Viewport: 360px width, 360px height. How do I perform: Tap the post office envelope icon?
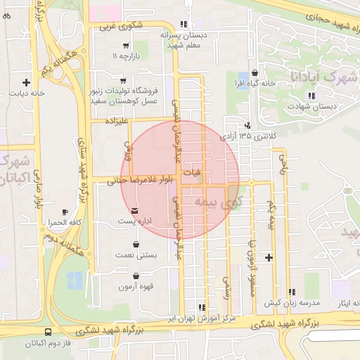pos(134,211)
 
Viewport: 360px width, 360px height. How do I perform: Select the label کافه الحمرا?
pos(65,222)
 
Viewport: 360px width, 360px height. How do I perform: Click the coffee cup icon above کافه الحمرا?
pos(65,212)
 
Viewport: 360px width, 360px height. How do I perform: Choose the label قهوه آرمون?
pos(136,287)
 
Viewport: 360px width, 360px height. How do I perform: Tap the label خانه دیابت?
pos(27,92)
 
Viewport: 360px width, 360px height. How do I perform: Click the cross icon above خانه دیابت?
pos(27,82)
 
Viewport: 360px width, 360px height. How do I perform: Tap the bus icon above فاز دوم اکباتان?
pos(48,332)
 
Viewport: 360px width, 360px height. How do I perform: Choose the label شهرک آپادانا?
pos(323,75)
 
